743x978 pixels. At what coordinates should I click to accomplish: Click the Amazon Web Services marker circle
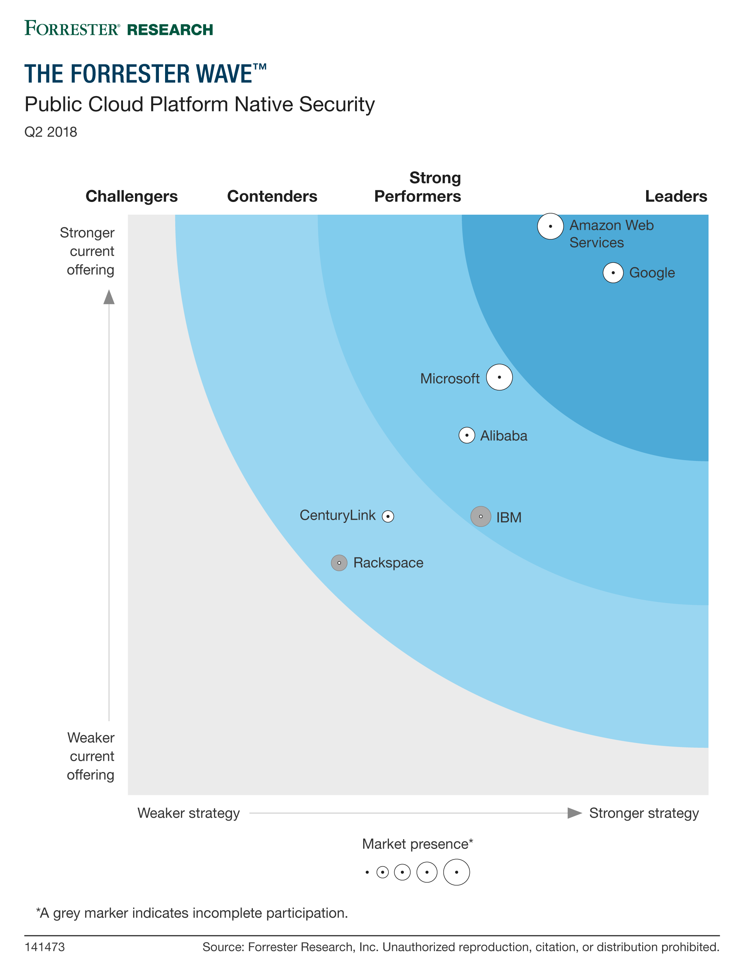tap(550, 226)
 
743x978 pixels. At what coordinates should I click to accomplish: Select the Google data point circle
tap(613, 273)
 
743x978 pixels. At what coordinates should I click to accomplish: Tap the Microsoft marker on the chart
tap(499, 377)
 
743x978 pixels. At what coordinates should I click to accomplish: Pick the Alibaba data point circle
tap(467, 436)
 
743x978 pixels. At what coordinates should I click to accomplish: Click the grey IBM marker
tap(481, 516)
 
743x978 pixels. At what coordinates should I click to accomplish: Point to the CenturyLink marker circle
tap(388, 516)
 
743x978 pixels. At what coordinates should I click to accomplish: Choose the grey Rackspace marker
tap(339, 563)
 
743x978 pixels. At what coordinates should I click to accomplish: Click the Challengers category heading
tap(131, 196)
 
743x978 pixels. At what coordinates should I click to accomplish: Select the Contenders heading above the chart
tap(272, 196)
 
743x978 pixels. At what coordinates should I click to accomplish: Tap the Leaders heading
tap(676, 196)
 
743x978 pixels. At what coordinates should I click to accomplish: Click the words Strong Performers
tap(418, 187)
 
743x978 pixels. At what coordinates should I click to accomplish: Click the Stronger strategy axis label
tap(644, 813)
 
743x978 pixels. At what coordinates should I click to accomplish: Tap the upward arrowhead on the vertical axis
tap(109, 297)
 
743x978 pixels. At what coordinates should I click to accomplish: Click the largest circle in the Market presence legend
tap(456, 872)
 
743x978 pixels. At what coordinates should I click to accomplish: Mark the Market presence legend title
tap(418, 844)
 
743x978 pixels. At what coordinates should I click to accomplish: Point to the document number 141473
tap(45, 947)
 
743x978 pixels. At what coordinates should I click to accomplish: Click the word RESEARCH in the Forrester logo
tap(170, 30)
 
